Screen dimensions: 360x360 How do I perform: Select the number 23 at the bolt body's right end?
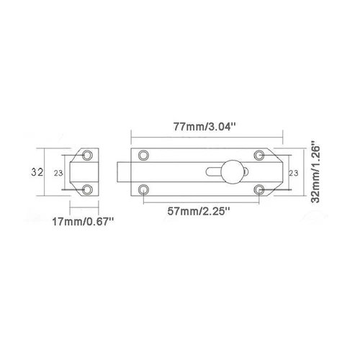pos(292,173)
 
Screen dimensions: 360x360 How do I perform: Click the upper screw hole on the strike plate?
pos(89,156)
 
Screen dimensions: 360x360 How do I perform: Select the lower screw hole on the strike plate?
pos(89,190)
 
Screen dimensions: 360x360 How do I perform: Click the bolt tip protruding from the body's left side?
pos(121,173)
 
